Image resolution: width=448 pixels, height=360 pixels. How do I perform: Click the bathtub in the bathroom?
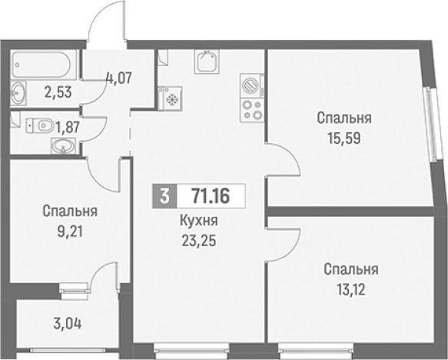click(x=43, y=64)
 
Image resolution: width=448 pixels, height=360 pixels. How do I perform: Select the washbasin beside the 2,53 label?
click(x=20, y=94)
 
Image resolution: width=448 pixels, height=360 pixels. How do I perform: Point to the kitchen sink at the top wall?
click(x=206, y=61)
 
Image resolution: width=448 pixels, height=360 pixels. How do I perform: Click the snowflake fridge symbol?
click(x=170, y=98)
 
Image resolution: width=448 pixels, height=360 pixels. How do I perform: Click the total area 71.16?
click(x=211, y=195)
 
